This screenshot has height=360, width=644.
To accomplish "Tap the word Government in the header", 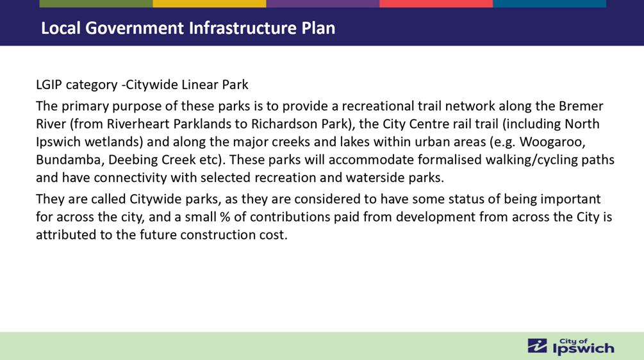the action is coord(135,28).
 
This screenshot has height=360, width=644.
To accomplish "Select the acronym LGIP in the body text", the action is coord(49,85).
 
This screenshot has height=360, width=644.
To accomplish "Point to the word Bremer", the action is coord(581,106).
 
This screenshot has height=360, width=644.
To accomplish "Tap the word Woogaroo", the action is coord(552,142).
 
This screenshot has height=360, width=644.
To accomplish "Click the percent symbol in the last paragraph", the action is coord(225,217).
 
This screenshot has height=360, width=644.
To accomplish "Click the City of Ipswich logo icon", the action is coord(537,346).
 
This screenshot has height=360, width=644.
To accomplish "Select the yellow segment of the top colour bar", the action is coord(210,3).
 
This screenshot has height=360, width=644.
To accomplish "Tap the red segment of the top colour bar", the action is coord(436,3).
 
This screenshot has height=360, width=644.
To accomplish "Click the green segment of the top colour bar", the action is coord(96,3).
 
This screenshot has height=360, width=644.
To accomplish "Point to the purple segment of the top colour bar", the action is coord(323,3).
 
